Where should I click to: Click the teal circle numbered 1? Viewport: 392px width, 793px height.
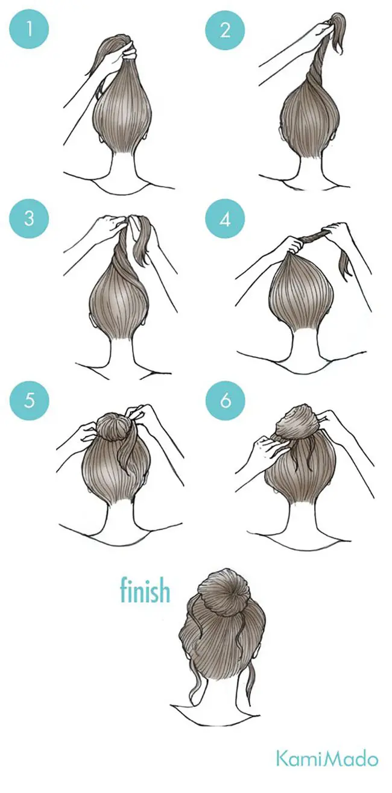(29, 29)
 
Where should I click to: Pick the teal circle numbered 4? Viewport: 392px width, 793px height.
(225, 219)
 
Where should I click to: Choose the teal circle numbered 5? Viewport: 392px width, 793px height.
(29, 401)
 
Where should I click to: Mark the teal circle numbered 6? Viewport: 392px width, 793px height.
(225, 401)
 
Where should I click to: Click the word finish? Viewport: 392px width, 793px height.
(145, 590)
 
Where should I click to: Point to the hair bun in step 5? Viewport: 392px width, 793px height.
(113, 426)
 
